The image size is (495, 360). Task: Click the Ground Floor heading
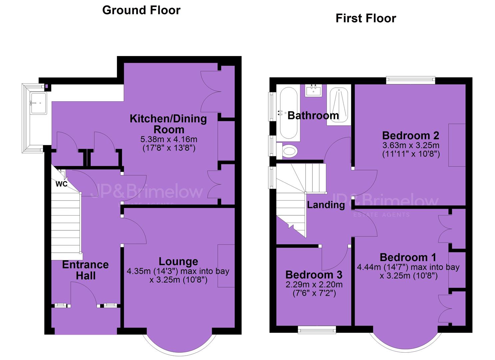(141, 10)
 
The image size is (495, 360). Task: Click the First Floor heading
(366, 18)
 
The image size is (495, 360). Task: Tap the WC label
(61, 184)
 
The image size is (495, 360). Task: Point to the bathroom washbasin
(314, 90)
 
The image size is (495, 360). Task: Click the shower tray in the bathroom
(339, 105)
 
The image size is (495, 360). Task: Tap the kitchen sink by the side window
(39, 103)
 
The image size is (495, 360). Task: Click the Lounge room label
(178, 262)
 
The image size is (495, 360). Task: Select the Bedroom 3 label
(314, 275)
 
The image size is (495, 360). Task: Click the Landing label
(326, 205)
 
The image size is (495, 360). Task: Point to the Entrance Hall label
(86, 270)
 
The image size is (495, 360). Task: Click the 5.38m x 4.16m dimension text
(169, 139)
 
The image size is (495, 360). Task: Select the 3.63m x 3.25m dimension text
(411, 145)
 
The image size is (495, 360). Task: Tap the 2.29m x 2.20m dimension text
(314, 284)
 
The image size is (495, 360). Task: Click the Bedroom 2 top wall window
(411, 80)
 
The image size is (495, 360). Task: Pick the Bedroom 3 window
(317, 330)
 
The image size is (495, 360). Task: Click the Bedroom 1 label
(408, 257)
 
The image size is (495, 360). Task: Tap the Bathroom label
(313, 116)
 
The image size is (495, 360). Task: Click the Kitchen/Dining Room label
(168, 124)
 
